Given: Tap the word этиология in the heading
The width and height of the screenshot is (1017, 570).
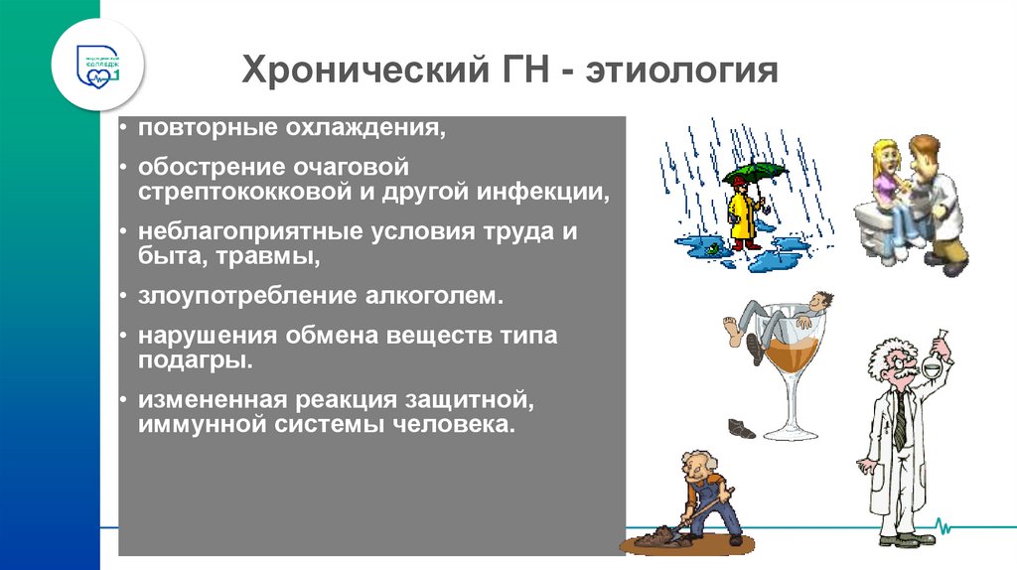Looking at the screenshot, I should [x=682, y=72].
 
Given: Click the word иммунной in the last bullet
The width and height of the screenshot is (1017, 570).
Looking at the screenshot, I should [x=192, y=425].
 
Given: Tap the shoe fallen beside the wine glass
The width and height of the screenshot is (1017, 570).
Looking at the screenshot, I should [x=741, y=428].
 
